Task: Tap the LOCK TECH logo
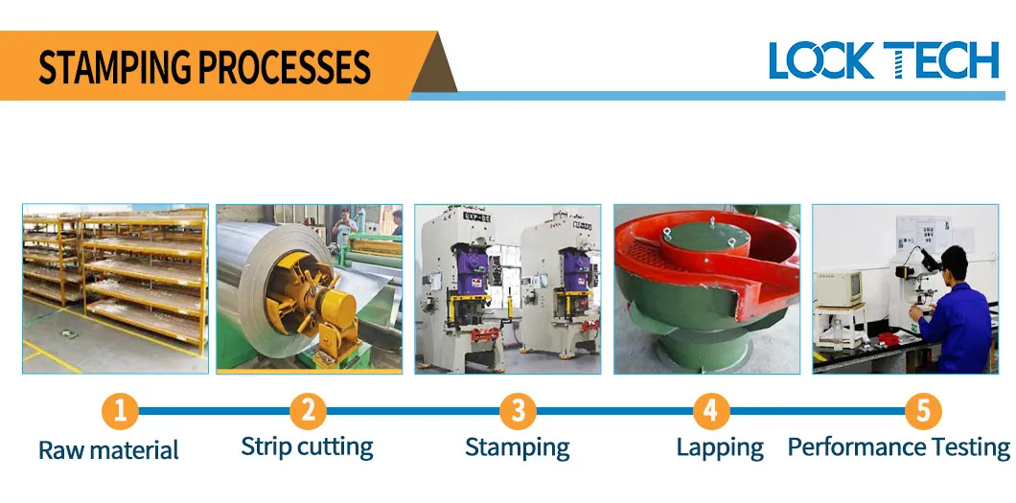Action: pos(883,60)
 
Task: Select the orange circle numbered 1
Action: pos(120,411)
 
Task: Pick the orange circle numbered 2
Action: pos(308,411)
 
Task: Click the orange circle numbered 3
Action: pos(518,411)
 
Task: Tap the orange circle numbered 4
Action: pos(710,411)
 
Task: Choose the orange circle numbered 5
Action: pos(922,411)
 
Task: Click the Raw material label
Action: pos(108,450)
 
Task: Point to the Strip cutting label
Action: pos(307,446)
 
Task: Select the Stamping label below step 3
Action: pos(517,447)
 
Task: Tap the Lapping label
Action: pos(720,447)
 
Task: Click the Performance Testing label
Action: pos(898,447)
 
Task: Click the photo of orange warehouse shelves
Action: pos(115,287)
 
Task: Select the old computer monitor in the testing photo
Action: pos(836,287)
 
